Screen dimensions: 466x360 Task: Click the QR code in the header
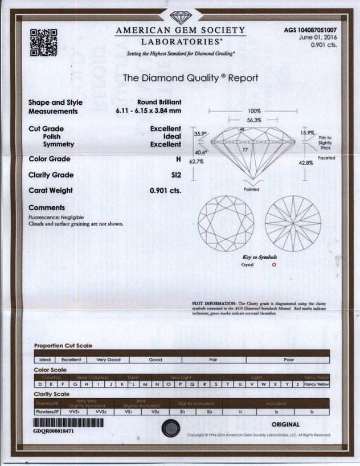pos(44,42)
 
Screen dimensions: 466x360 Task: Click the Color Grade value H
pos(178,159)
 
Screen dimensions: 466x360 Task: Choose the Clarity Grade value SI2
pos(176,175)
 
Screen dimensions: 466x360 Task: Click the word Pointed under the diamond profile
pos(251,189)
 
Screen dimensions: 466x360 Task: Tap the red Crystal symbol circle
pos(274,264)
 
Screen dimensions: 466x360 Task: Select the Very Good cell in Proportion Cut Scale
pos(108,360)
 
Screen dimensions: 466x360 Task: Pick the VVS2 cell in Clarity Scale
pos(101,411)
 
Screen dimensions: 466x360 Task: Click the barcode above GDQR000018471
pos(68,423)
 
